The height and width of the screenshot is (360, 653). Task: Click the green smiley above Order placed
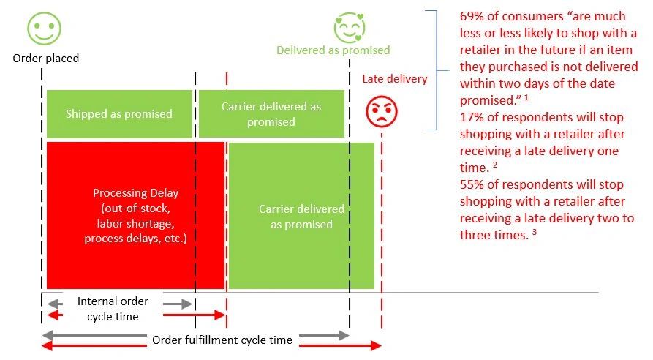tap(44, 29)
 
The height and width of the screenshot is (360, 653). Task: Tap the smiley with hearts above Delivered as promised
tap(350, 28)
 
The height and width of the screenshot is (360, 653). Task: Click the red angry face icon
tap(382, 112)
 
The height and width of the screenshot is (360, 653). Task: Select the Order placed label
tap(46, 59)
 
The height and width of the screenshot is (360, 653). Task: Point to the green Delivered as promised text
tap(333, 50)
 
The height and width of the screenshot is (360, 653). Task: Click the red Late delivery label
tap(394, 79)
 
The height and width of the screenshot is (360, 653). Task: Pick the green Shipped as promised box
tap(119, 113)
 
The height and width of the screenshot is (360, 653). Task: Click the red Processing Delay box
tap(136, 215)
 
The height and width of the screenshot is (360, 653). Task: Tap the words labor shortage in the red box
tap(135, 223)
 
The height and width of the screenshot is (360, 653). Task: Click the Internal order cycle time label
tap(113, 309)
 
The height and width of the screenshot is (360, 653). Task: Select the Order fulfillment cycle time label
tap(222, 340)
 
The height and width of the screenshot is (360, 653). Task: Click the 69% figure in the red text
tap(470, 16)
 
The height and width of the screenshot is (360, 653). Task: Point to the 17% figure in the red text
tap(470, 117)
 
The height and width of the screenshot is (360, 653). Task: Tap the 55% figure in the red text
tap(470, 184)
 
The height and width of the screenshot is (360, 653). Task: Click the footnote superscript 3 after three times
tap(535, 232)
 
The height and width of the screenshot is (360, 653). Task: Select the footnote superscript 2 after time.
tap(495, 165)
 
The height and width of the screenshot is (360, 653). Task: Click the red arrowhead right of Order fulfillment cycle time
tap(376, 345)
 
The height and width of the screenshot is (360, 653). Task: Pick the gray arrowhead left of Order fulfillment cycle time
tap(48, 334)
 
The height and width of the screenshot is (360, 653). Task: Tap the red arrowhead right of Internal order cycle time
tap(220, 315)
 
